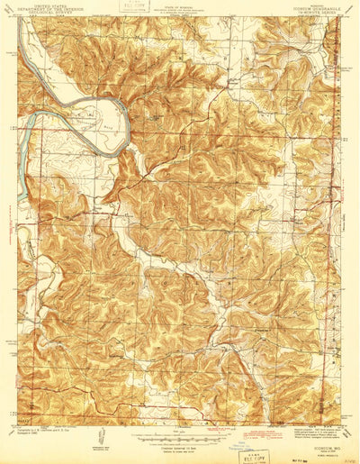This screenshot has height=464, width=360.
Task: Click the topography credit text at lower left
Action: (45, 436)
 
